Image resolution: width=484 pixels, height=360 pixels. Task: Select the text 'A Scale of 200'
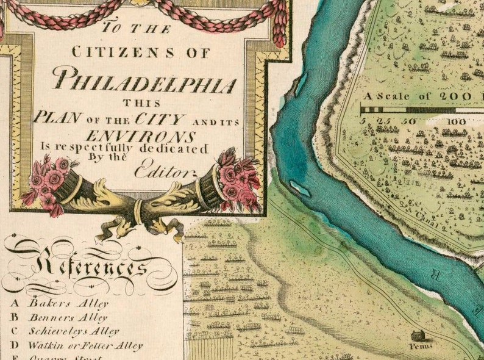[x=415, y=96]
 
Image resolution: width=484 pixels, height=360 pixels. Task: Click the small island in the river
[x=300, y=189]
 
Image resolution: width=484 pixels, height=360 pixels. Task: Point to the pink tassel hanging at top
[x=280, y=27]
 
